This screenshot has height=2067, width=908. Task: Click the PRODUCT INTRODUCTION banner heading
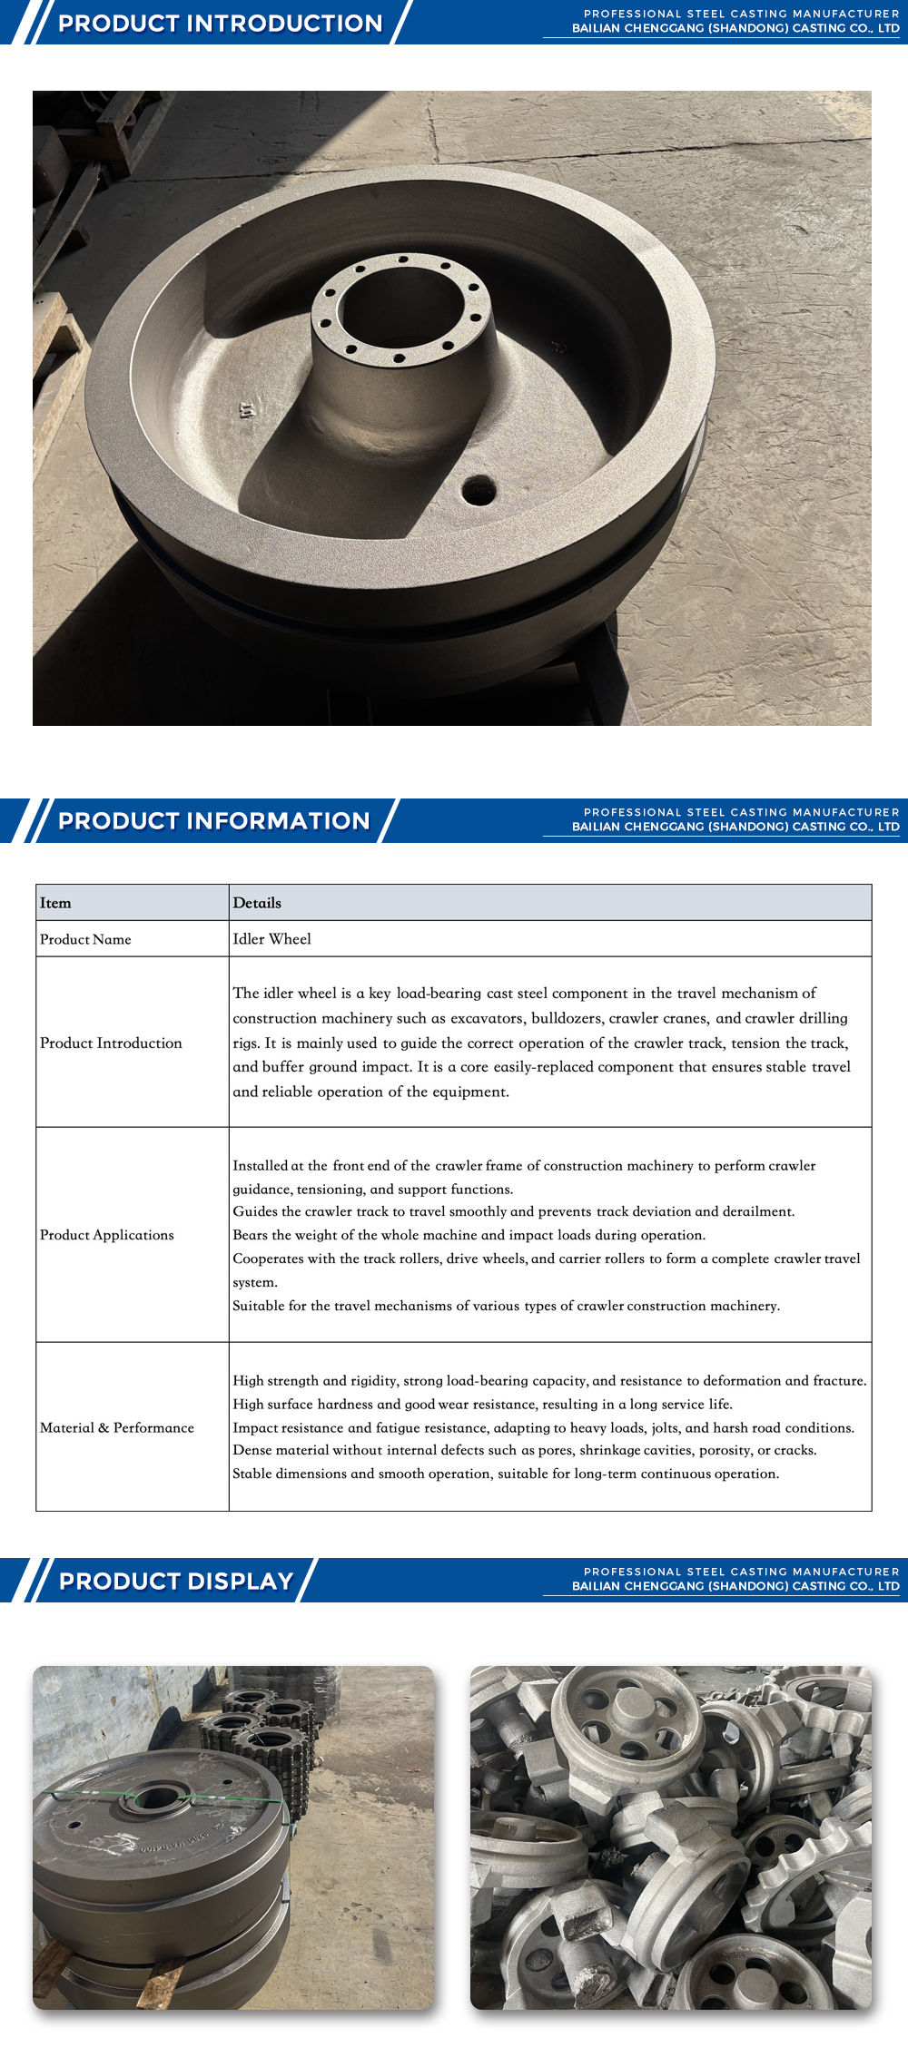pos(220,23)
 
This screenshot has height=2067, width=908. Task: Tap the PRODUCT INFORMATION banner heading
pos(214,820)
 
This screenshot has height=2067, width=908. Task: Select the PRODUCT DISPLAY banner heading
pos(176,1581)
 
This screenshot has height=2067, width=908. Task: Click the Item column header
pos(55,903)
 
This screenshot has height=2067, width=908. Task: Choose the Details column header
pos(257,903)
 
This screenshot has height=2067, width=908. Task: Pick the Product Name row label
pos(85,939)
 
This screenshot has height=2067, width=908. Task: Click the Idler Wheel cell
pos(271,939)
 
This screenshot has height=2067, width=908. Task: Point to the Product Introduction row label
pos(111,1043)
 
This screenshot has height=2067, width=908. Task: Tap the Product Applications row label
pos(107,1235)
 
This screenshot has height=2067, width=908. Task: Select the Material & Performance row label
pos(117,1427)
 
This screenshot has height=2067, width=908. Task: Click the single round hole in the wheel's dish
pos(478,491)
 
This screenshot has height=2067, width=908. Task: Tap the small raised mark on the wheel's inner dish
pos(247,410)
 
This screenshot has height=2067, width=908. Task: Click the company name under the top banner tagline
pos(735,28)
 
